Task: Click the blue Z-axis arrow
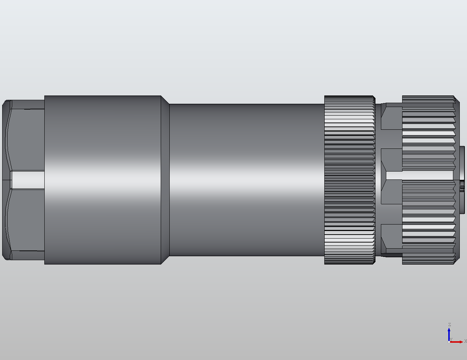(449, 334)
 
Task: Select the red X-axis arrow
(457, 342)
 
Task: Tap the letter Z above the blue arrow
(449, 325)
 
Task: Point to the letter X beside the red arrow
(465, 341)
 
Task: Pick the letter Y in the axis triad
(451, 339)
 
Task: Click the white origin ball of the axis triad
(449, 342)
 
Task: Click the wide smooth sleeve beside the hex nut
(103, 179)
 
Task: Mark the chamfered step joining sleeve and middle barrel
(165, 179)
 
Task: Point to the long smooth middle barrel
(247, 179)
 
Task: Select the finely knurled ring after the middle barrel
(350, 179)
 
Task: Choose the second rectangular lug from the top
(392, 160)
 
